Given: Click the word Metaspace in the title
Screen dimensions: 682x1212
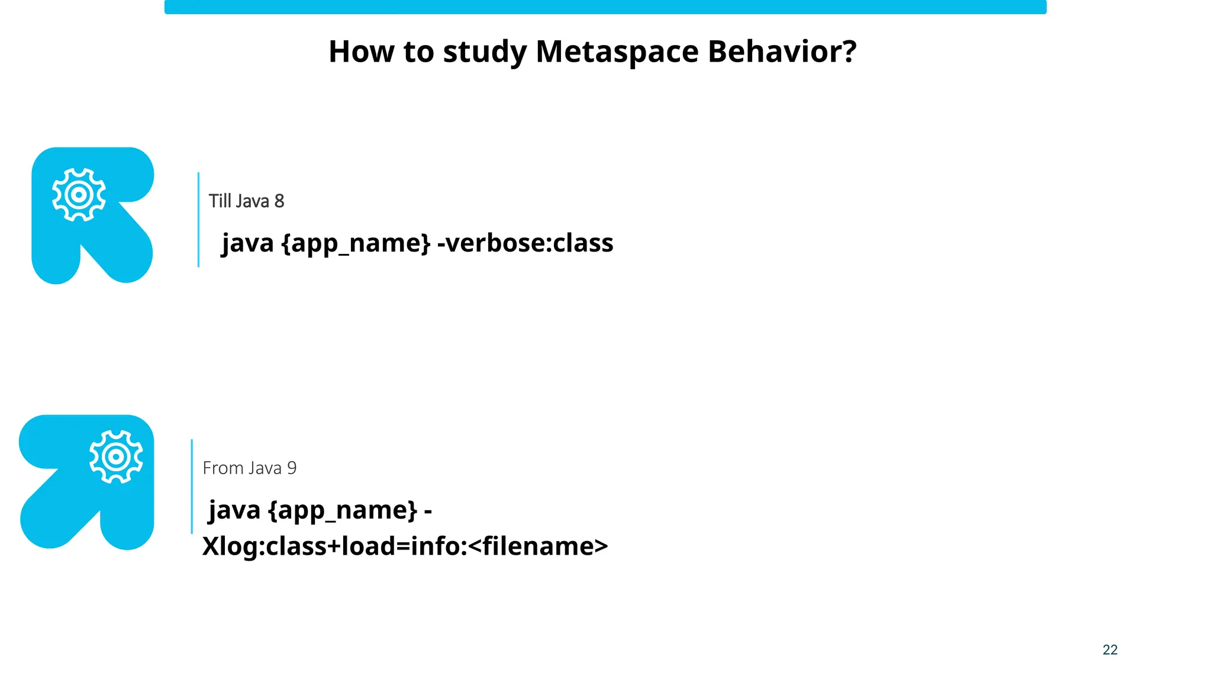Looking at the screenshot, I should (x=617, y=52).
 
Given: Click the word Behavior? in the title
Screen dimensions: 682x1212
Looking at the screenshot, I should (x=782, y=52).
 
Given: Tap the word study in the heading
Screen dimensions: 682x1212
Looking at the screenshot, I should (x=485, y=52).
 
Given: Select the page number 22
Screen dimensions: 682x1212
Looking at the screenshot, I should (x=1110, y=650).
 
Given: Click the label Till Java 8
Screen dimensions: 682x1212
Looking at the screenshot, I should (x=246, y=201).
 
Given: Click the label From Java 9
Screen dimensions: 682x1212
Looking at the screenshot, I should (x=249, y=468).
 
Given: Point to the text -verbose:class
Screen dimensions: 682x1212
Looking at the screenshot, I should (x=525, y=243).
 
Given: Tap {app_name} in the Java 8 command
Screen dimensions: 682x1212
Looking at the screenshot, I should (x=356, y=243).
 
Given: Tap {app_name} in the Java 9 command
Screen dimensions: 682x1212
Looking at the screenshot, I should (x=343, y=510).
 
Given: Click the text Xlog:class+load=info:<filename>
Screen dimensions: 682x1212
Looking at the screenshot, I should (x=405, y=546).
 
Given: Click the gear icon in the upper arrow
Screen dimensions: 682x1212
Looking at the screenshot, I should (x=79, y=195).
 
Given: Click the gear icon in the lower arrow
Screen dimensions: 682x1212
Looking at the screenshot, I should (x=116, y=456).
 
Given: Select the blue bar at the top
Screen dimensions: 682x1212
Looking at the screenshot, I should (x=605, y=7).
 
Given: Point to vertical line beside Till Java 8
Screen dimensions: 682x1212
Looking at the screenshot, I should (x=198, y=220).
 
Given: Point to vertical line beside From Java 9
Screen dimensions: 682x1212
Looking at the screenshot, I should (x=192, y=487).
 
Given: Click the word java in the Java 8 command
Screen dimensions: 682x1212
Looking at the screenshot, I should (x=247, y=243).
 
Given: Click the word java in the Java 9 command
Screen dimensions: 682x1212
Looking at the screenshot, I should (x=234, y=510).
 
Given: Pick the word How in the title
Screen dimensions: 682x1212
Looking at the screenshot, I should (x=362, y=52).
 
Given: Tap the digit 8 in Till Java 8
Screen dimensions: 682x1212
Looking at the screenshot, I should (x=279, y=201).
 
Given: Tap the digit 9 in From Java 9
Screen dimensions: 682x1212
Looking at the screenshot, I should (x=292, y=468).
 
